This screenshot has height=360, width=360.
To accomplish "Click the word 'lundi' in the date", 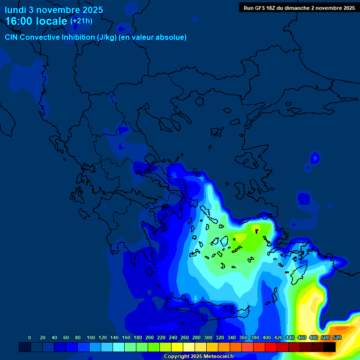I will tap(15, 10).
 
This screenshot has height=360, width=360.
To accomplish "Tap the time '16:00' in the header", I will tap(20, 21).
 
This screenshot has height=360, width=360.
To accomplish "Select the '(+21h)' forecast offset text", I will tap(81, 21).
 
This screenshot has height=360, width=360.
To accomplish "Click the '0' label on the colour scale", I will tap(30, 337).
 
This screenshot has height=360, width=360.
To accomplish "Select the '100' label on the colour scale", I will tap(90, 337).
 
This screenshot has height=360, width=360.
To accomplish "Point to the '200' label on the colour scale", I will tap(149, 337).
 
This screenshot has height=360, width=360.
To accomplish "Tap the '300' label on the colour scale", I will tap(208, 337).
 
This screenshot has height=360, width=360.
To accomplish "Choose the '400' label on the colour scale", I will tap(266, 337).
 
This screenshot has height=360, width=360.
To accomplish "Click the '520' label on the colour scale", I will tap(337, 337).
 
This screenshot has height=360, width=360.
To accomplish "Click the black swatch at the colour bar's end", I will tap(330, 347).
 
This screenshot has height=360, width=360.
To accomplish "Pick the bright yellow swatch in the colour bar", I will tap(177, 347).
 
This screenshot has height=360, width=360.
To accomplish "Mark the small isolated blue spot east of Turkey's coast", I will tap(315, 158).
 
